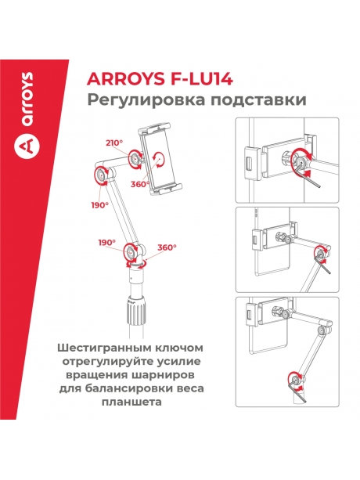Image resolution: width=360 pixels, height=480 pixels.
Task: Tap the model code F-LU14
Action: tap(197, 78)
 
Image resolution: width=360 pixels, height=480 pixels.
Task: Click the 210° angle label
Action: tap(115, 143)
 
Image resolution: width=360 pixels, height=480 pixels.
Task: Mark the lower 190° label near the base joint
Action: tap(107, 243)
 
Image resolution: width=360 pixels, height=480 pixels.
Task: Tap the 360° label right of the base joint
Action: tap(167, 247)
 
